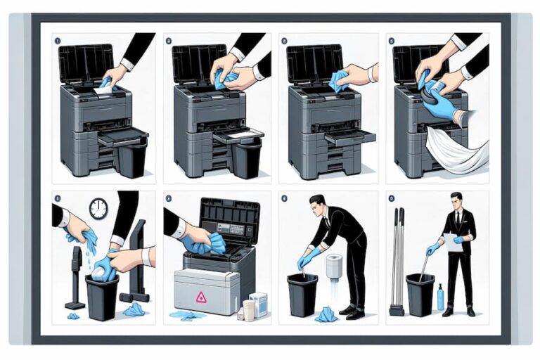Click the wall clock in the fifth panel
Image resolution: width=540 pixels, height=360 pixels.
point(98,208)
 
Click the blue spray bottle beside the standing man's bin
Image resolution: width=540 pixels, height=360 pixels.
point(441,297)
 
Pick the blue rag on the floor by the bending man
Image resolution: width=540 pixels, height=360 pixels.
point(326,315)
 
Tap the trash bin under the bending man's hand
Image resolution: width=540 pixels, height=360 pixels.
point(302,295)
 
